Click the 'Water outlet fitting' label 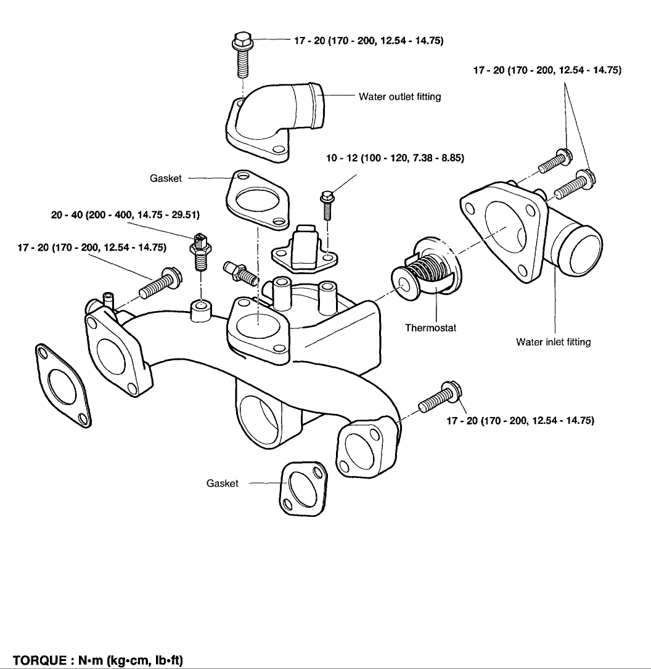pyautogui.click(x=399, y=97)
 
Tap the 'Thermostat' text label pyautogui.click(x=430, y=328)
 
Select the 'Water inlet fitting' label pyautogui.click(x=553, y=342)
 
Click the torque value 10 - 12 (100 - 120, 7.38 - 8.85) pyautogui.click(x=395, y=158)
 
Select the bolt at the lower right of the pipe pyautogui.click(x=439, y=399)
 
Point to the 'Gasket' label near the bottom pyautogui.click(x=222, y=484)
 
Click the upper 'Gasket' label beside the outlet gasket pyautogui.click(x=166, y=178)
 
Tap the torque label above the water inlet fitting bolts pyautogui.click(x=546, y=70)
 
